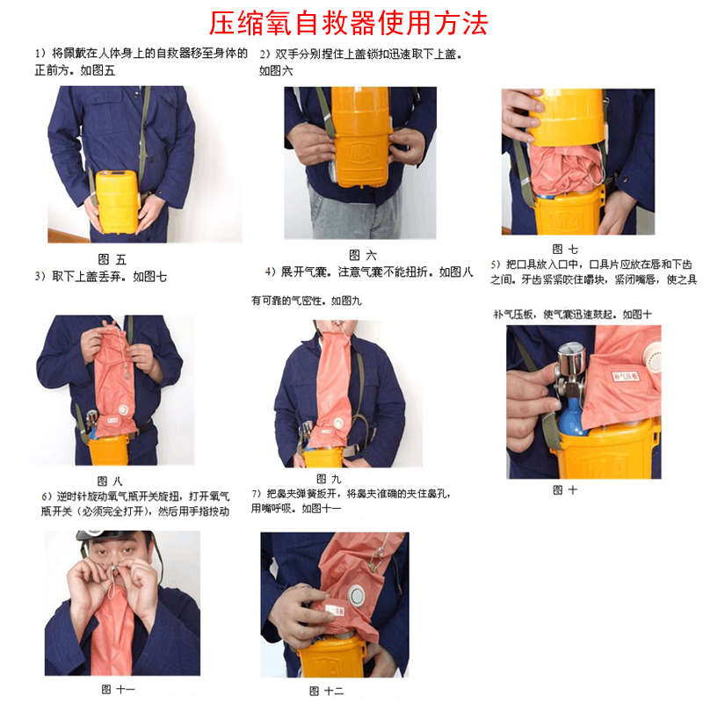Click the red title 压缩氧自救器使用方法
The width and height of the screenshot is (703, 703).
pyautogui.click(x=349, y=22)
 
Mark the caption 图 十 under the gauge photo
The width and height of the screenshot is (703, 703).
pyautogui.click(x=565, y=489)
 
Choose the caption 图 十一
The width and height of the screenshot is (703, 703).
pyautogui.click(x=118, y=689)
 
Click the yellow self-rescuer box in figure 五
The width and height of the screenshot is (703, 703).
pyautogui.click(x=118, y=200)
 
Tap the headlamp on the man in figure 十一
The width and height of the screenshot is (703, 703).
pyautogui.click(x=91, y=534)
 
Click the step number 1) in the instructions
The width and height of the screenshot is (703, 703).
pyautogui.click(x=40, y=54)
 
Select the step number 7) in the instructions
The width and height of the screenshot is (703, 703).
pyautogui.click(x=257, y=492)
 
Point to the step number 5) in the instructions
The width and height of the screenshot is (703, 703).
pyautogui.click(x=496, y=264)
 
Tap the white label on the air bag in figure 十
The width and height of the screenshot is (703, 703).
pyautogui.click(x=625, y=375)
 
